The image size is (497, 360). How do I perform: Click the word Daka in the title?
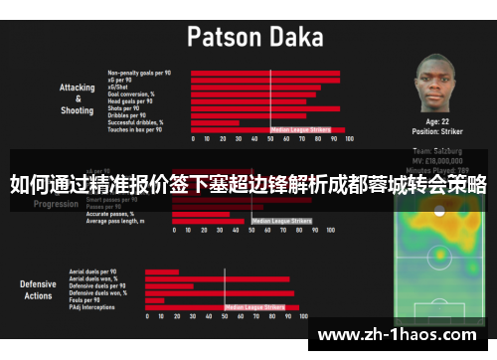297,38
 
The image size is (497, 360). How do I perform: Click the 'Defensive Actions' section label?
38,289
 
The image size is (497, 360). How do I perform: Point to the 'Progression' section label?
56,204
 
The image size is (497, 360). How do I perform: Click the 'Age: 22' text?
436,121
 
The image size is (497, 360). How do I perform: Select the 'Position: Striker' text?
436,131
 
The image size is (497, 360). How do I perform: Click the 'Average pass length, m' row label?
123,221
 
